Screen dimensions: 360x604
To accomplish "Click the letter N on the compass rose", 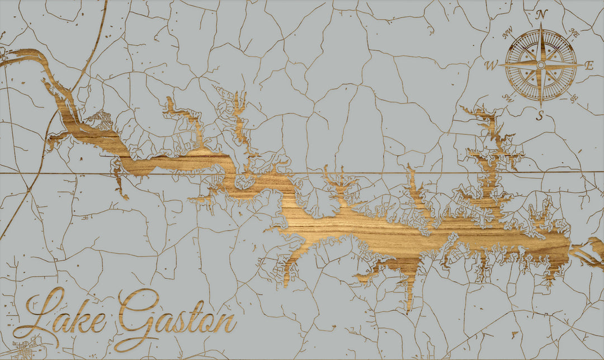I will point(541,15).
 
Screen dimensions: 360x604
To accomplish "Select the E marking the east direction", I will point(588,65).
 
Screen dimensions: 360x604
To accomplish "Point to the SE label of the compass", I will point(573,98).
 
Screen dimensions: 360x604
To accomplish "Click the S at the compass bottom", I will point(540,116).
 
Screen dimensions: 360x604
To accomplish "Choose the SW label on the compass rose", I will point(508,98).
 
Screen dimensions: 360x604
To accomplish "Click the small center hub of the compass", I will point(540,65).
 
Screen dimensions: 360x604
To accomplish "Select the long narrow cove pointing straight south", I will point(409,291).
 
